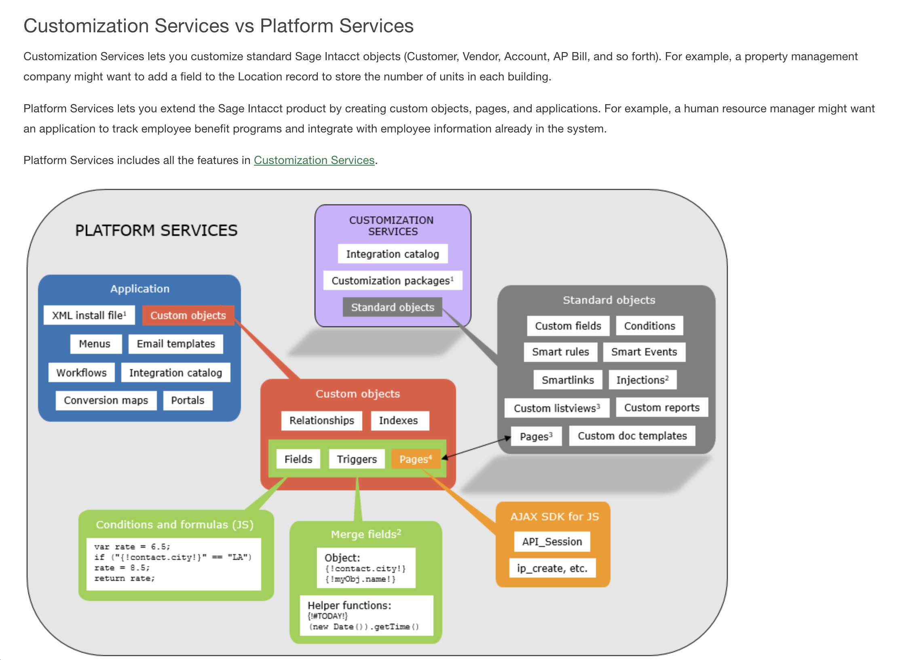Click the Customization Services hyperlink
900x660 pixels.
314,160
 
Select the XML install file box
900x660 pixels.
89,315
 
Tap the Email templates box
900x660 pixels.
176,344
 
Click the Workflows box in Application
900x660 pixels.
81,372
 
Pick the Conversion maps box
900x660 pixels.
106,400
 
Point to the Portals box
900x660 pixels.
188,400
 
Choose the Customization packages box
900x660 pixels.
392,281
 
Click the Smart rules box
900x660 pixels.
560,352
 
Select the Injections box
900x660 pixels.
642,380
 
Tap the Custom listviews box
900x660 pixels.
556,408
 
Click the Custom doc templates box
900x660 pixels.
632,436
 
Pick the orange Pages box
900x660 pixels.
416,459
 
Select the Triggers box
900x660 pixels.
357,459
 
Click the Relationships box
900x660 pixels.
321,420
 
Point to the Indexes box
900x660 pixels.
398,420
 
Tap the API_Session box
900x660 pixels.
552,542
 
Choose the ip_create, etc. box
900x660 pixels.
552,568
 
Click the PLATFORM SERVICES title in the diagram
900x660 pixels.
156,230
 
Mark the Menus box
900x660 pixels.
95,344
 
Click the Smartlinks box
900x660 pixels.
568,380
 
